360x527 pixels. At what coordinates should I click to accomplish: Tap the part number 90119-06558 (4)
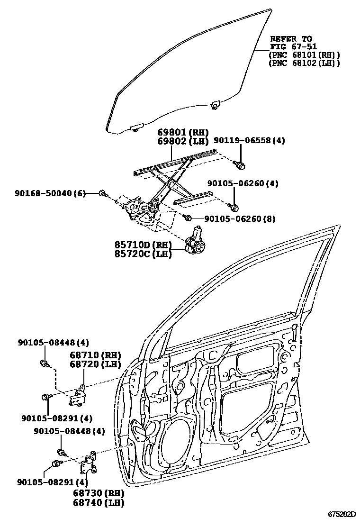click(249, 141)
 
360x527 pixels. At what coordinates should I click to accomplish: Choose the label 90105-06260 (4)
click(243, 183)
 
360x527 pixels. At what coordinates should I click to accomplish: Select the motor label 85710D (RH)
click(143, 245)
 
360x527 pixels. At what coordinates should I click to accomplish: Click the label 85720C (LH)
click(143, 254)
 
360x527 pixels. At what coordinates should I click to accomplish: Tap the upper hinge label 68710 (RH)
click(95, 355)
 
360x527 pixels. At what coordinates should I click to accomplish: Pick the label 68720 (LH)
click(95, 364)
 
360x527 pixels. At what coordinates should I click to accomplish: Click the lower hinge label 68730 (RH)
click(98, 493)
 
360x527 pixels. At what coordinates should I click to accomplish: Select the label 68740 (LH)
click(98, 502)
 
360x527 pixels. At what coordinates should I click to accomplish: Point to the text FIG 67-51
click(290, 46)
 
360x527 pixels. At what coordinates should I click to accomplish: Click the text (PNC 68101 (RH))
click(304, 55)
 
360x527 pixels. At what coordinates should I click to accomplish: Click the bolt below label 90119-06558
click(241, 164)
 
